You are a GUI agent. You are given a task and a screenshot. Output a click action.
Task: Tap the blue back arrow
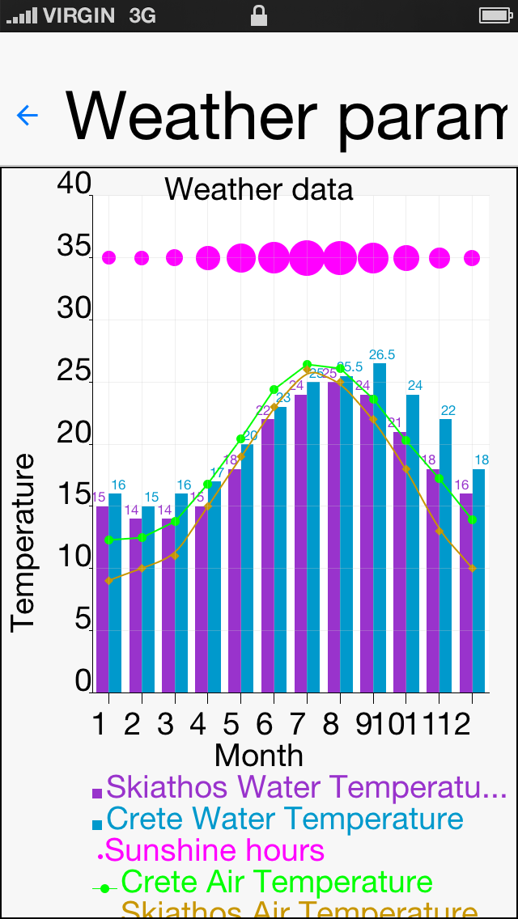[x=28, y=116]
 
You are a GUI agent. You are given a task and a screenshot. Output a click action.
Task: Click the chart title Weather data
[x=259, y=189]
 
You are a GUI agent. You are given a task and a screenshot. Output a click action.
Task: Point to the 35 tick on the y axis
[x=74, y=247]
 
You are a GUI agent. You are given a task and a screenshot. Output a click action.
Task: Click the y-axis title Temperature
[x=23, y=542]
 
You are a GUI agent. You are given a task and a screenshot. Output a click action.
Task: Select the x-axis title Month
[x=259, y=756]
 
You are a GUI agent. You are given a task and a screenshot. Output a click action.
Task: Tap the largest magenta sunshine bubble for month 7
[x=307, y=258]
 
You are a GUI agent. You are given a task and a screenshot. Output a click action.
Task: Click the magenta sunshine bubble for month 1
[x=108, y=258]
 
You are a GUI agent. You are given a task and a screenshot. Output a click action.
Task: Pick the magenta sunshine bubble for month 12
[x=472, y=258]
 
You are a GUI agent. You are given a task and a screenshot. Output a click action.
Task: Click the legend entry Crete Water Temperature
[x=283, y=819]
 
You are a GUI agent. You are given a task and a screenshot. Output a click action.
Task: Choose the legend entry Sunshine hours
[x=214, y=850]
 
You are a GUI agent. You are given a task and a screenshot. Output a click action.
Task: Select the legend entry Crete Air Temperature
[x=275, y=883]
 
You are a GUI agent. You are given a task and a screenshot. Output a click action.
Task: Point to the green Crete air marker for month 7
[x=307, y=365]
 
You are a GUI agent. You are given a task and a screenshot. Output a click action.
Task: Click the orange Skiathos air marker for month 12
[x=472, y=569]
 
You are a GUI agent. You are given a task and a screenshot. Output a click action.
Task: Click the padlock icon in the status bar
[x=259, y=15]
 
